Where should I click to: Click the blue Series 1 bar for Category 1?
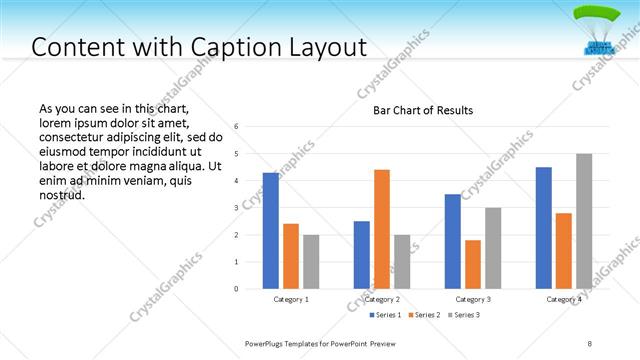[x=271, y=231]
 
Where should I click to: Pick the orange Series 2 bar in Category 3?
[x=473, y=264]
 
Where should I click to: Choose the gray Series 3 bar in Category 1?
[x=311, y=262]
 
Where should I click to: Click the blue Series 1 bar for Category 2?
[x=362, y=255]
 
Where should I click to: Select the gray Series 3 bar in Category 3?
[x=493, y=248]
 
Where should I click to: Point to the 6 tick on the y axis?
[x=236, y=127]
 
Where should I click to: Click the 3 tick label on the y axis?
[x=236, y=208]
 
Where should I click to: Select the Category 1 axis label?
[x=291, y=299]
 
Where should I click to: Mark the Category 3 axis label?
[x=473, y=299]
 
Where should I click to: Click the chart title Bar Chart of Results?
[x=423, y=110]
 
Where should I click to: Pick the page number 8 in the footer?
[x=590, y=343]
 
